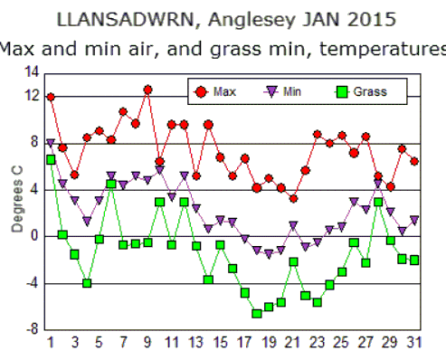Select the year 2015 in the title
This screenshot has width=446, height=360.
click(x=340, y=18)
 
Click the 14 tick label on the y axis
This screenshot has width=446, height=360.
click(x=31, y=72)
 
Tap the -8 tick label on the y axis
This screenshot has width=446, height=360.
click(x=32, y=330)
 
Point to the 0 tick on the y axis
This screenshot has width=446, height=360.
click(x=35, y=236)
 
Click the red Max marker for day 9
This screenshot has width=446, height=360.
click(x=147, y=90)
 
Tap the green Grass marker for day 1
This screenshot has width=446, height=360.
click(x=51, y=159)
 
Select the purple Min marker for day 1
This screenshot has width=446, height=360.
click(x=51, y=143)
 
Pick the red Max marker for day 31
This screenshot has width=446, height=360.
click(x=414, y=161)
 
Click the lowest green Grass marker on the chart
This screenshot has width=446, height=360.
click(x=257, y=313)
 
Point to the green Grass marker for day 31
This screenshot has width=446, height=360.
click(x=414, y=260)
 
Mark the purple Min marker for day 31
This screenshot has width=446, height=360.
click(x=414, y=220)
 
